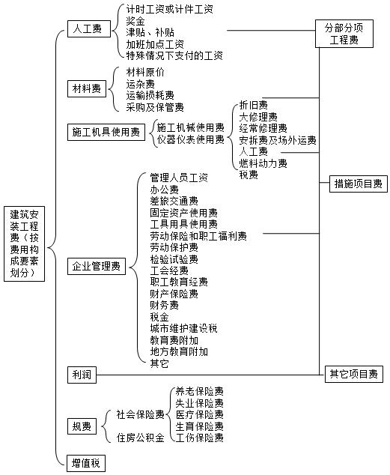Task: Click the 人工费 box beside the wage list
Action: point(89,28)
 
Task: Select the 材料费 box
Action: point(87,88)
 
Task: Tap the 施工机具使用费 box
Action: point(106,133)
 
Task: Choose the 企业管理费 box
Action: point(97,266)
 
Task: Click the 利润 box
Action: point(82,375)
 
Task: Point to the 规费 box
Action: point(82,426)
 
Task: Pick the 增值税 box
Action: point(86,463)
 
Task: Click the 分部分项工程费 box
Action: point(344,34)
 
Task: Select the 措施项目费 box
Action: point(359,184)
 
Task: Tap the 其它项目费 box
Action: point(353,374)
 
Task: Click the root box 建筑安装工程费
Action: point(24,243)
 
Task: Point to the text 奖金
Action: point(135,21)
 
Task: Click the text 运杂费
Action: point(141,84)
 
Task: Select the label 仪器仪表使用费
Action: point(191,139)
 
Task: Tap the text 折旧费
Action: point(254,105)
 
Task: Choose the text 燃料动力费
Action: point(263,163)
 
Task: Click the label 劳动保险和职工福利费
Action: point(198,236)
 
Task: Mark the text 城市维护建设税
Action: point(184,328)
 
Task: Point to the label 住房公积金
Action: point(141,438)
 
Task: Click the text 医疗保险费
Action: point(200,414)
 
